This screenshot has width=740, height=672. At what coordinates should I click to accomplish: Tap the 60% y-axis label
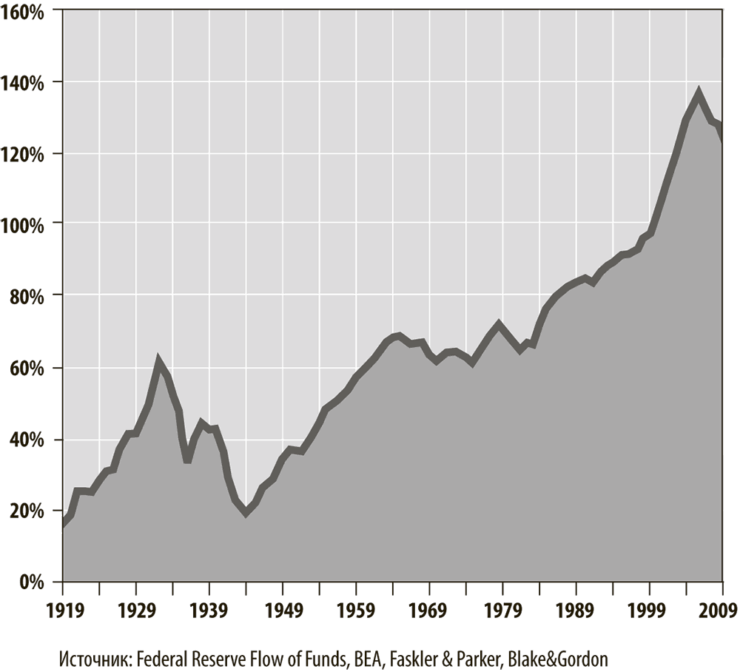(x=30, y=369)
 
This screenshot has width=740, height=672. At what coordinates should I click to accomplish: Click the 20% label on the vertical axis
(x=30, y=511)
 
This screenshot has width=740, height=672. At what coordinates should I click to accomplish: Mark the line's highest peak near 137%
(x=699, y=93)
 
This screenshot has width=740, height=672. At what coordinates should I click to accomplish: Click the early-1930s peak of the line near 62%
(x=158, y=360)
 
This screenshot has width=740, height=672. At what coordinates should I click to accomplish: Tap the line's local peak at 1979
(x=499, y=323)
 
